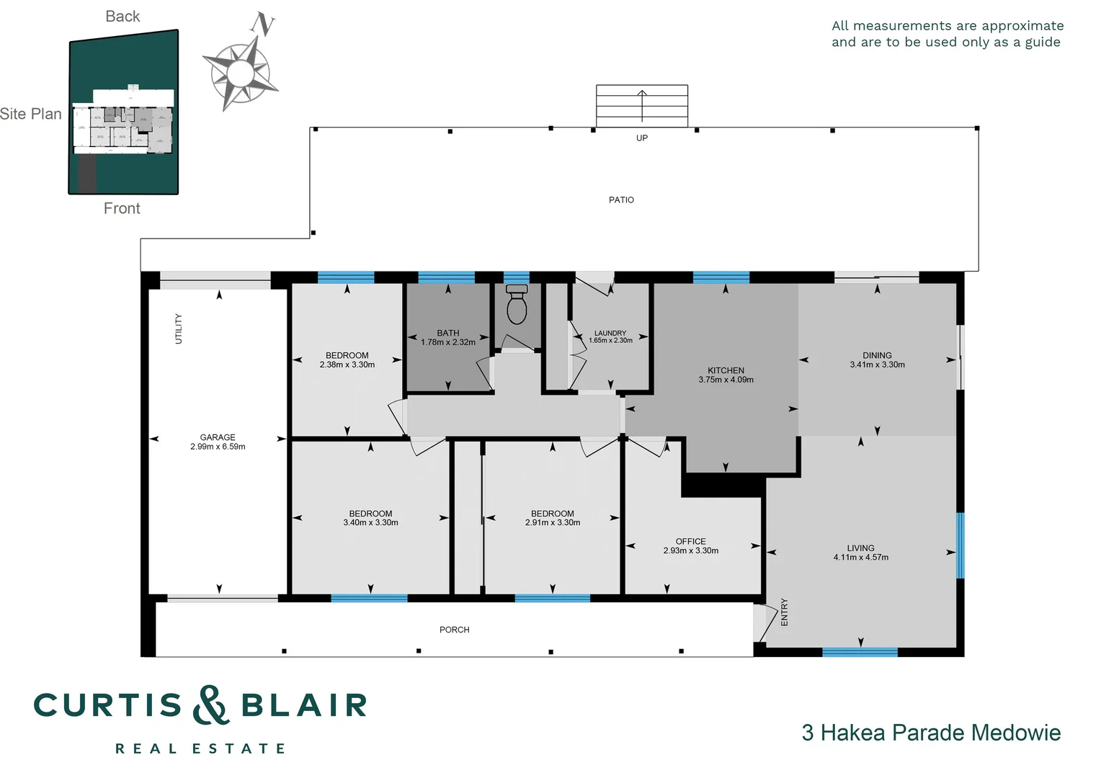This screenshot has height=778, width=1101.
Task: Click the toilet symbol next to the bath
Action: point(517,305)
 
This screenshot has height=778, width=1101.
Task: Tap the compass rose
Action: point(239,73)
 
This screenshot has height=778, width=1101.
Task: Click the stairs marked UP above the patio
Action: point(641,105)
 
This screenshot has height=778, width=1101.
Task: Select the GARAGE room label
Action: point(218,437)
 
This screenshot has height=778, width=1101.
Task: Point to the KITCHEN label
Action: point(726,370)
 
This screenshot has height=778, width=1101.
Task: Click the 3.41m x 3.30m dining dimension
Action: point(877,365)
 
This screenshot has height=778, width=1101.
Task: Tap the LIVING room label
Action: point(860,548)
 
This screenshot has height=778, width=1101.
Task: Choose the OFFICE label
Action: point(690,541)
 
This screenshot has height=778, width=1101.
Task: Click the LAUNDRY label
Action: point(610,334)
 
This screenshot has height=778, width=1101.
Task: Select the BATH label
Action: point(448,333)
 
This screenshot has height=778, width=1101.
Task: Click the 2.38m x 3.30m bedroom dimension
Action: point(347,365)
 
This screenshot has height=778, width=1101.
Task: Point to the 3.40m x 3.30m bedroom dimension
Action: point(370,523)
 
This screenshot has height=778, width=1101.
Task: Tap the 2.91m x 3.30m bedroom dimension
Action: point(553,523)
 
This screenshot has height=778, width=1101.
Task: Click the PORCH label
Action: point(454,630)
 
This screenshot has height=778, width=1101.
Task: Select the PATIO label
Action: point(621,200)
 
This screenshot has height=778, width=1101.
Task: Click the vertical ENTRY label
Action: point(785,612)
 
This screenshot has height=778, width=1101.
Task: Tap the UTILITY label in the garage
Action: point(179,328)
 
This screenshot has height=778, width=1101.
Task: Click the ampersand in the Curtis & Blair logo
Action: point(210,705)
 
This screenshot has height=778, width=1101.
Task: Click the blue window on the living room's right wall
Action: point(960,545)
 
